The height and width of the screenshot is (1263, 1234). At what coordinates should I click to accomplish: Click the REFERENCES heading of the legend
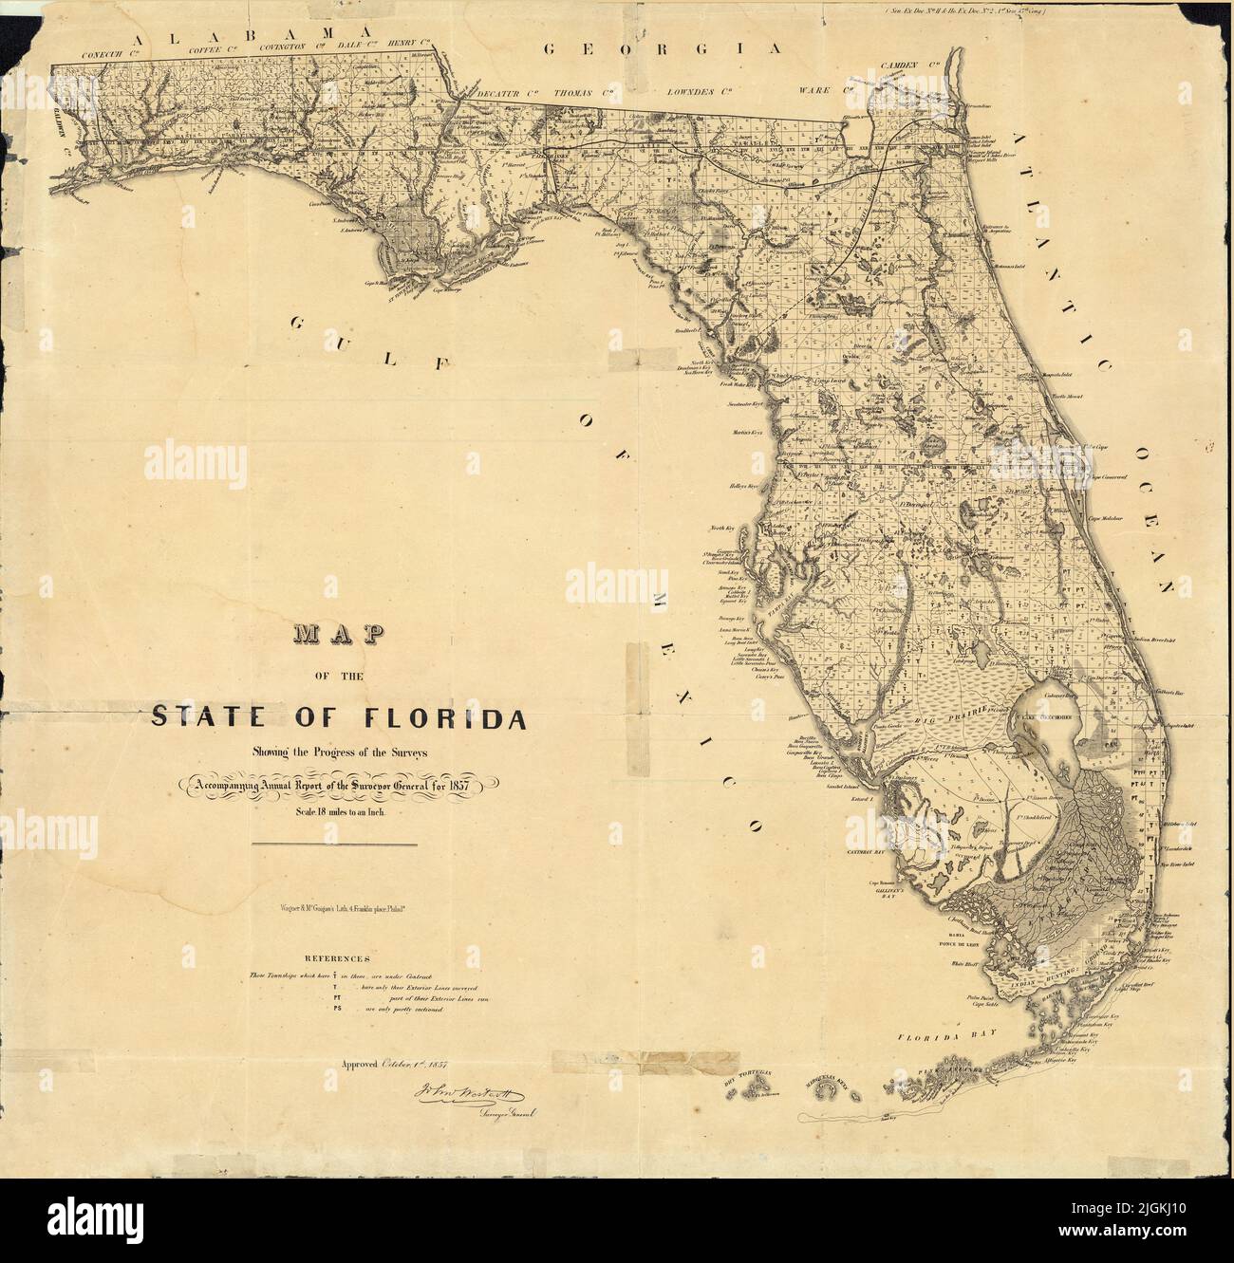click(336, 958)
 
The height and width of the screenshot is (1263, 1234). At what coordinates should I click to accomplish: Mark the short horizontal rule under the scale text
click(334, 844)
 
